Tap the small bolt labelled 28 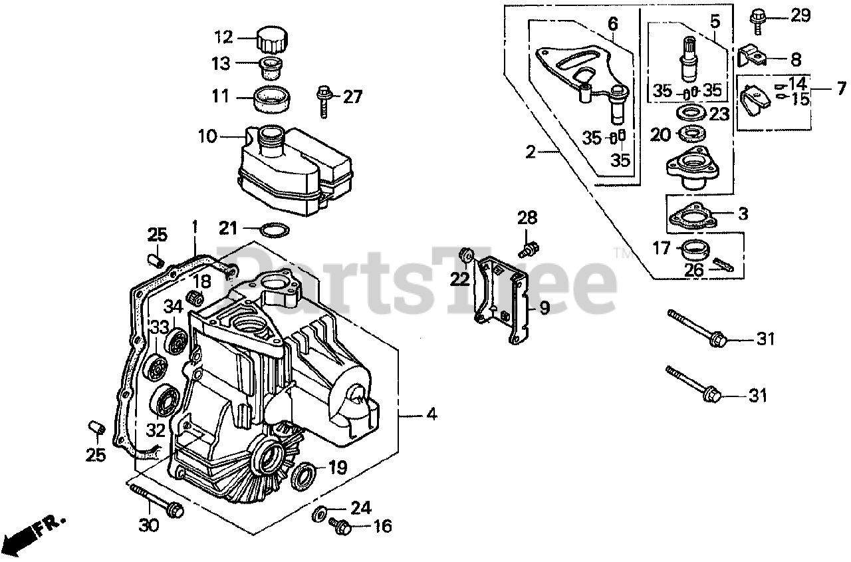[x=529, y=249]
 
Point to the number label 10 [x=207, y=137]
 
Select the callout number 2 [x=529, y=153]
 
